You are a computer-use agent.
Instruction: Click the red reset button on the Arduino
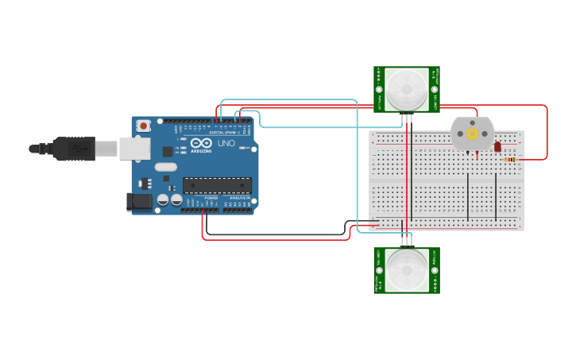click(x=144, y=126)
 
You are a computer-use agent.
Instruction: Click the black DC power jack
click(x=140, y=202)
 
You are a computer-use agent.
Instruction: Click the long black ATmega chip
click(x=217, y=185)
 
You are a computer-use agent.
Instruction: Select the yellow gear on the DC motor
click(x=473, y=134)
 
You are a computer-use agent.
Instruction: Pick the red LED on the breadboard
click(x=497, y=146)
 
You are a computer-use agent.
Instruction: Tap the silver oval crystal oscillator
click(x=165, y=167)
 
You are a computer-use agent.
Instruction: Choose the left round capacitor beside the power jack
click(x=163, y=200)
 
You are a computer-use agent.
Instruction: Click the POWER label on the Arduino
click(x=211, y=197)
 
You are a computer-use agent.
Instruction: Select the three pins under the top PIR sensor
click(x=407, y=118)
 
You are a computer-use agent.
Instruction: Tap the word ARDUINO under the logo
click(x=201, y=150)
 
